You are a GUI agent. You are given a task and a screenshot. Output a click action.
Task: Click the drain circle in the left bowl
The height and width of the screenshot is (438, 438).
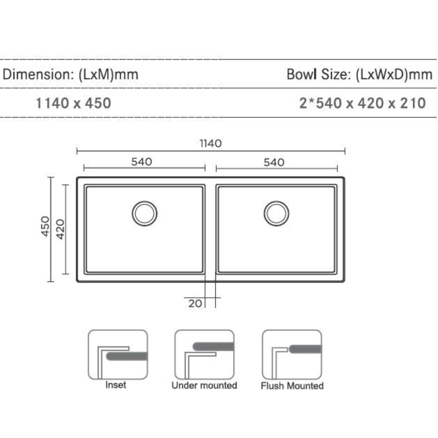pyautogui.click(x=144, y=213)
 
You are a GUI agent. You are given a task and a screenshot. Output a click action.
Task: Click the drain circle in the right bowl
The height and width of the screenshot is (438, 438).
pyautogui.click(x=276, y=213)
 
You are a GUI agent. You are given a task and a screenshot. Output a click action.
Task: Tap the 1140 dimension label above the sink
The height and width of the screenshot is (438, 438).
pyautogui.click(x=210, y=144)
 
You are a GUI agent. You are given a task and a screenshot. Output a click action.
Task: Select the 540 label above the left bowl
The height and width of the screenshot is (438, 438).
pyautogui.click(x=142, y=162)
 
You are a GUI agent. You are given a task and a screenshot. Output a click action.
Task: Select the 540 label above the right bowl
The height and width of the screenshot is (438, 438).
pyautogui.click(x=274, y=162)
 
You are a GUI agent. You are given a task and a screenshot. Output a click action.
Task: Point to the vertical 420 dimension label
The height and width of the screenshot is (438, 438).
pyautogui.click(x=60, y=229)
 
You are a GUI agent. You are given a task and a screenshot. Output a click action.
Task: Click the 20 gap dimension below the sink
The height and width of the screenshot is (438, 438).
pyautogui.click(x=195, y=303)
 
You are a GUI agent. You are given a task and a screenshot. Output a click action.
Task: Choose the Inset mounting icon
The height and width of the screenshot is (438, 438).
pyautogui.click(x=118, y=354)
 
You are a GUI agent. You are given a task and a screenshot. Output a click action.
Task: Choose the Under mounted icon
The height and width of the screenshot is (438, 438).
pyautogui.click(x=204, y=354)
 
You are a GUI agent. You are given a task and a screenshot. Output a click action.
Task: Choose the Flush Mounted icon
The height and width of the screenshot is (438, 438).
pyautogui.click(x=292, y=354)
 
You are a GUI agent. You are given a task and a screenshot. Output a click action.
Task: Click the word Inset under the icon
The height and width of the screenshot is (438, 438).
pyautogui.click(x=116, y=385)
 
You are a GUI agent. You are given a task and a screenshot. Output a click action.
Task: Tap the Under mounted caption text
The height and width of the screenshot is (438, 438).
pyautogui.click(x=204, y=385)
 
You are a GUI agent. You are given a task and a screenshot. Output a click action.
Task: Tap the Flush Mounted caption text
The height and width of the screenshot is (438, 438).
pyautogui.click(x=292, y=386)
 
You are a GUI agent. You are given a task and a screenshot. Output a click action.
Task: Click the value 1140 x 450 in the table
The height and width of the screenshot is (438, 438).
pyautogui.click(x=73, y=103)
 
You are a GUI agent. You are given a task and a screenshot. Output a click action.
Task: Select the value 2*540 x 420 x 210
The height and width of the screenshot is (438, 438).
pyautogui.click(x=363, y=103)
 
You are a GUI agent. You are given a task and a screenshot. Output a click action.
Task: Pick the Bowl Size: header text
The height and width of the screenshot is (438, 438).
pyautogui.click(x=318, y=75)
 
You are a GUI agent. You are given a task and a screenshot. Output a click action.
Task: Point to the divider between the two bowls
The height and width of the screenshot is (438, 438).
pyautogui.click(x=210, y=229)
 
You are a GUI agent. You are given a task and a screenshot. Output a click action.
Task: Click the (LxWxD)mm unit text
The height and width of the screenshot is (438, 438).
pyautogui.click(x=394, y=75)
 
